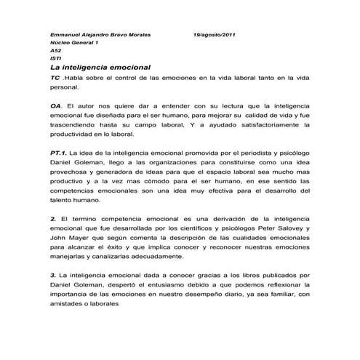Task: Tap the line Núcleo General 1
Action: (x=73, y=43)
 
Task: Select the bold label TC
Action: (x=55, y=76)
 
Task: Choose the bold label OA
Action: (x=56, y=105)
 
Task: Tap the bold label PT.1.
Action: (x=60, y=154)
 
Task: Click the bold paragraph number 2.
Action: (x=53, y=218)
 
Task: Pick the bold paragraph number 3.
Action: (x=53, y=276)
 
